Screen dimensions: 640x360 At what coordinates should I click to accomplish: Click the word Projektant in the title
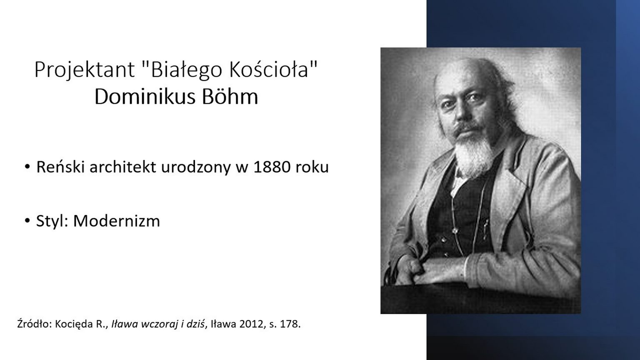[85, 70]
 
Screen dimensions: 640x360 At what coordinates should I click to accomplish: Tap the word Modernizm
[117, 221]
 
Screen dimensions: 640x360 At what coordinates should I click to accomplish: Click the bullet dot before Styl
[27, 221]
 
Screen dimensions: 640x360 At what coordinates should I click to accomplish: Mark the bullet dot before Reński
[27, 167]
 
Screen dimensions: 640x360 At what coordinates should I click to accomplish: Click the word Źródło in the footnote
[34, 324]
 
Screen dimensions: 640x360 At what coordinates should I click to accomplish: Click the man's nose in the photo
[460, 113]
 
